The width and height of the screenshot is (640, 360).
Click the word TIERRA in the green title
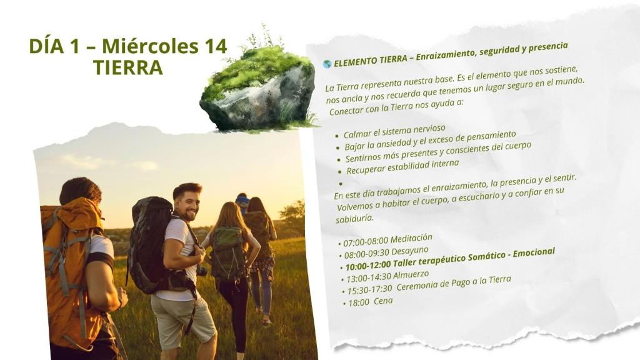tap(127, 67)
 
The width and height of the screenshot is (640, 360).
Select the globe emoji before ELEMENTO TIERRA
tap(327, 64)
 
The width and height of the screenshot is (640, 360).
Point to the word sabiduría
tap(354, 218)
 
